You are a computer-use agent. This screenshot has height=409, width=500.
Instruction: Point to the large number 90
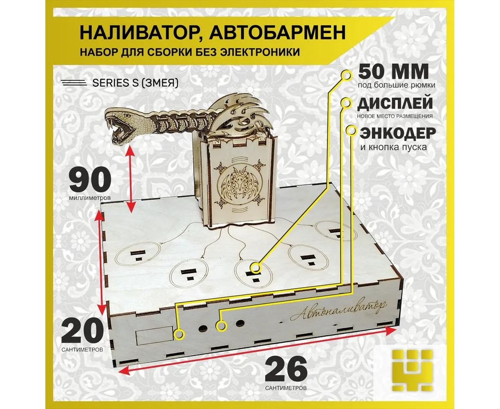tap(90, 180)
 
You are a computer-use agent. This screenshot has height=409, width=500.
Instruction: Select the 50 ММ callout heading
tap(393, 72)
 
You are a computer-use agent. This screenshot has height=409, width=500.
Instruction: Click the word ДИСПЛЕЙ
tap(395, 103)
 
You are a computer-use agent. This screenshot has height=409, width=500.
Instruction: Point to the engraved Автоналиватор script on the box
tap(339, 310)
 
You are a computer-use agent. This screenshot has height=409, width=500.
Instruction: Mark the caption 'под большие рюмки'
tap(397, 85)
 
